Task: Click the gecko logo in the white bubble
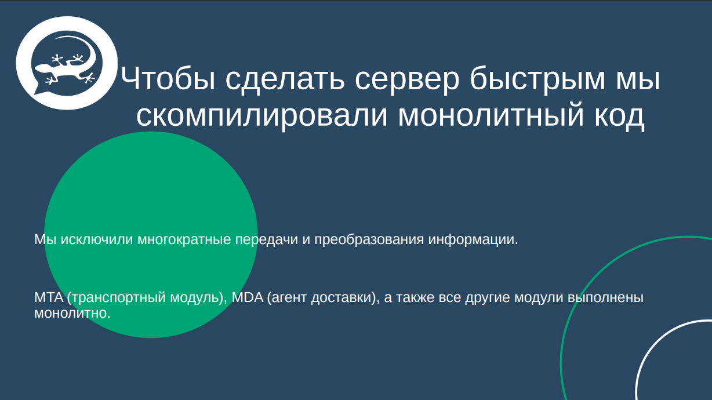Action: [65, 63]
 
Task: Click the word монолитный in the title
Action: [492, 115]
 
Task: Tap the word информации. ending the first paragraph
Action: [473, 239]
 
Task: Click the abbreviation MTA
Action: [48, 298]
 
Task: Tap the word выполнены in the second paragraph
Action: [605, 298]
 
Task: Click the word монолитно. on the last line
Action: [72, 314]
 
